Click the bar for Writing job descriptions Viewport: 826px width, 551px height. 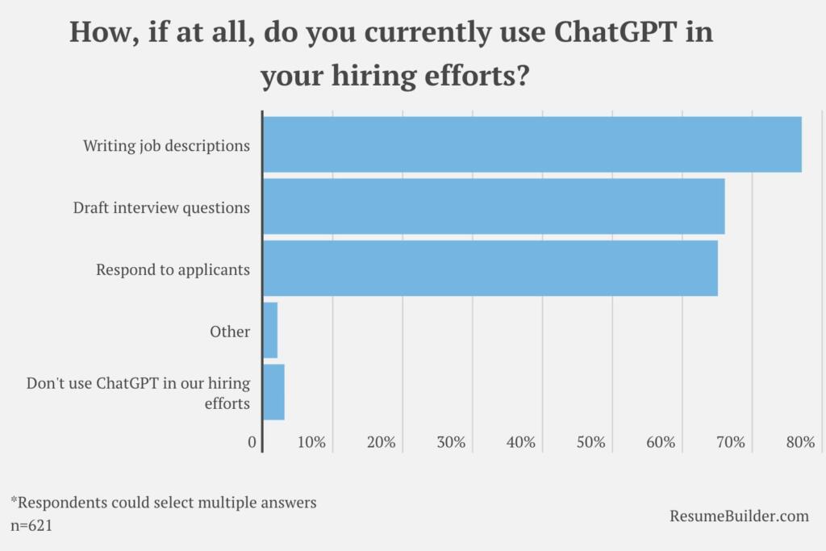point(532,144)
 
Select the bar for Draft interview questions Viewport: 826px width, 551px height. point(494,207)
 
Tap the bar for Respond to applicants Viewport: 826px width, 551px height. point(490,268)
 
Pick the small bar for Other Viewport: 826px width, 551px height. point(270,330)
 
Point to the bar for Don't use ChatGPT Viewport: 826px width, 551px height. point(273,392)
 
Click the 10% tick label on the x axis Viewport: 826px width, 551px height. point(311,442)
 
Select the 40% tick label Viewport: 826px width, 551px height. point(521,442)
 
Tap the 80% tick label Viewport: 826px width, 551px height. point(800,442)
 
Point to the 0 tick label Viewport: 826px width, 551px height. point(252,442)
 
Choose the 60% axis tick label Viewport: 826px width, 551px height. point(661,442)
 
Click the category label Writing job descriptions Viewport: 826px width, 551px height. point(166,146)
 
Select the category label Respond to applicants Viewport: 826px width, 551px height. point(173,269)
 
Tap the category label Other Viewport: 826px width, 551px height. point(230,332)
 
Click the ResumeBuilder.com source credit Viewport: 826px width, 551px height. point(739,516)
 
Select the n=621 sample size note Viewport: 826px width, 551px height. point(32,524)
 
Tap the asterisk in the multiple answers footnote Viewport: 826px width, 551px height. point(14,500)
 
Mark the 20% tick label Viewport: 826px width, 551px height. point(381,442)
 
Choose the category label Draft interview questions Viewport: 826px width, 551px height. point(161,207)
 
